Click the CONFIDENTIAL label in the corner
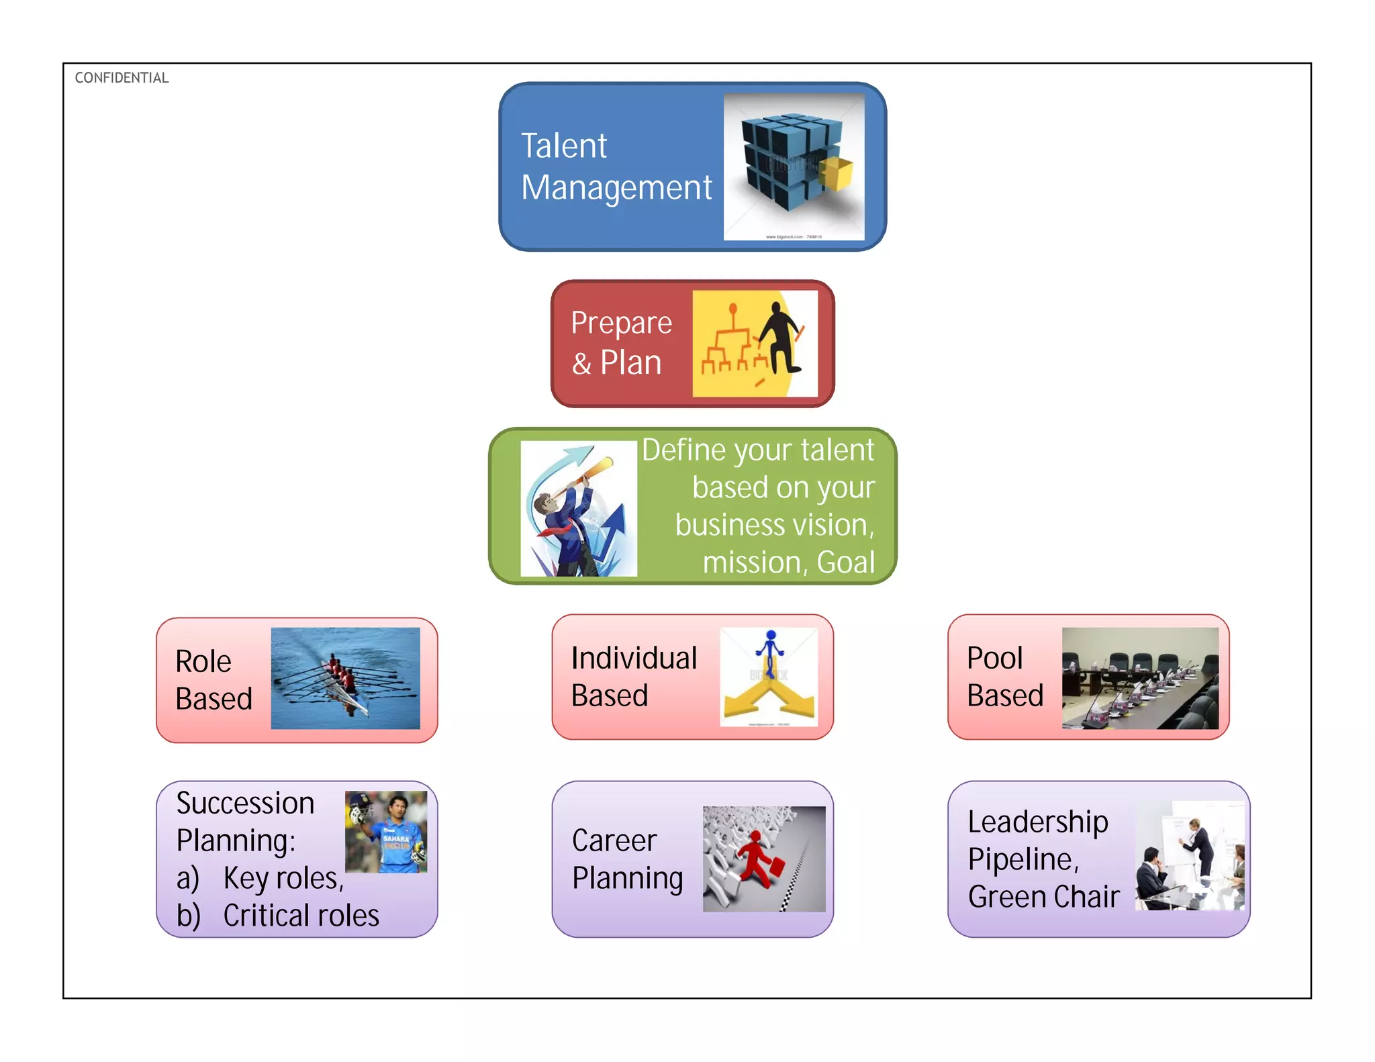[122, 78]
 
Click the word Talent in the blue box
[564, 146]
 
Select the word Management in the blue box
[616, 189]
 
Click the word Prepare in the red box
[621, 323]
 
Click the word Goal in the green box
[845, 562]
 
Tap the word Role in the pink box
[203, 662]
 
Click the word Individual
[634, 659]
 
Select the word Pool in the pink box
[994, 659]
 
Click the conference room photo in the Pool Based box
[1140, 679]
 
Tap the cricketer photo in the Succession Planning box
[386, 832]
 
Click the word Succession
[245, 804]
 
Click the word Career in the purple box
[614, 841]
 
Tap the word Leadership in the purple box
[1037, 822]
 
